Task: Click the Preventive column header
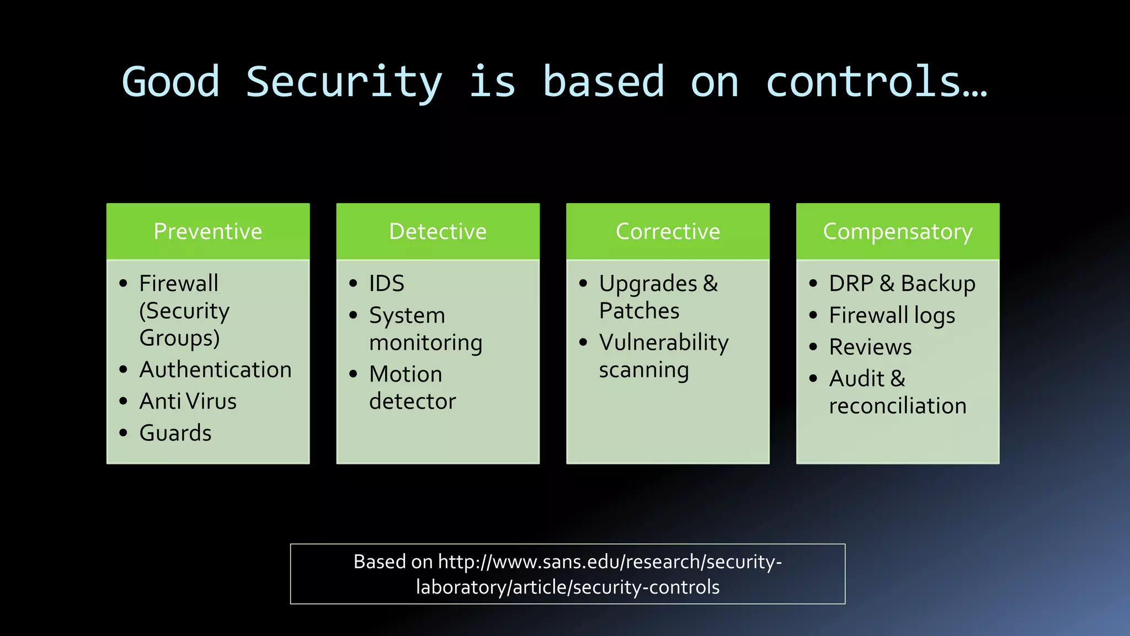pyautogui.click(x=207, y=231)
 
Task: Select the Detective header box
pyautogui.click(x=438, y=231)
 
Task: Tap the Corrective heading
pyautogui.click(x=668, y=231)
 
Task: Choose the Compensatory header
pyautogui.click(x=897, y=231)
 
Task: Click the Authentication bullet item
pyautogui.click(x=215, y=369)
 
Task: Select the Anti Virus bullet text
pyautogui.click(x=188, y=401)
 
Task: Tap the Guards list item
pyautogui.click(x=175, y=433)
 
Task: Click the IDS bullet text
pyautogui.click(x=386, y=284)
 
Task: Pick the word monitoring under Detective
pyautogui.click(x=425, y=343)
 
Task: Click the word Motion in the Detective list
pyautogui.click(x=406, y=374)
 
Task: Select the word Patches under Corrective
pyautogui.click(x=639, y=311)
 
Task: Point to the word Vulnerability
pyautogui.click(x=664, y=343)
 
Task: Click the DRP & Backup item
pyautogui.click(x=902, y=284)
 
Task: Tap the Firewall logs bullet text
pyautogui.click(x=892, y=316)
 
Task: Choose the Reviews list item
pyautogui.click(x=870, y=347)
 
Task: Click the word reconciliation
pyautogui.click(x=897, y=406)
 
